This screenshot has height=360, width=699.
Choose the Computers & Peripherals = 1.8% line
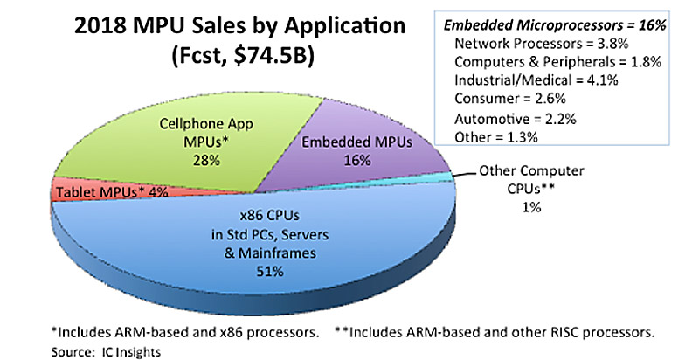pos(549,62)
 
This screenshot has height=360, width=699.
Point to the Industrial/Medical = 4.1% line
pos(527,81)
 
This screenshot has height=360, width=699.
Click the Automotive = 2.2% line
pos(511,120)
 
